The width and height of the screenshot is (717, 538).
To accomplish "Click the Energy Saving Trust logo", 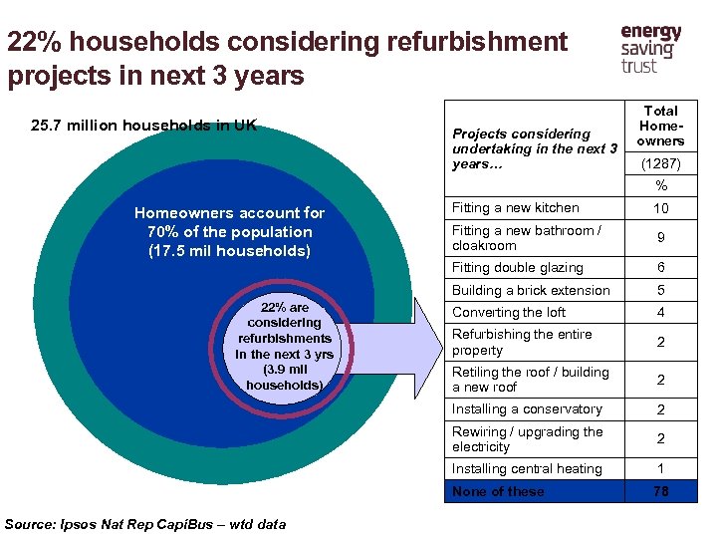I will point(650,49).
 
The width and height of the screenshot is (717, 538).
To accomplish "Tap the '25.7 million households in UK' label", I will point(143,125).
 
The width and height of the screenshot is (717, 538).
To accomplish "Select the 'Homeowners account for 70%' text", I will point(229,231).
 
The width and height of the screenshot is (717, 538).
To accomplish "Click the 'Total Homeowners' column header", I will point(660,126).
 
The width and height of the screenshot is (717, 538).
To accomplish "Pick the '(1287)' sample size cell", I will point(660,162).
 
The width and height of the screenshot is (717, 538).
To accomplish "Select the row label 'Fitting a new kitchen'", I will point(515,208).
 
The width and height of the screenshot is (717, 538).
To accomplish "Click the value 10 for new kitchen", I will point(660,208).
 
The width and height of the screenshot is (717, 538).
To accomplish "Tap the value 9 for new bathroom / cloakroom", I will point(660,238).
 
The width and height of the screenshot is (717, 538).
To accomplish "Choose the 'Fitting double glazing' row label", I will point(518,267).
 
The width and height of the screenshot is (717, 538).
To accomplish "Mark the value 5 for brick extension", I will point(660,290).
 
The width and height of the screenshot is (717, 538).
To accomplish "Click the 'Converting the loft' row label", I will point(509,312).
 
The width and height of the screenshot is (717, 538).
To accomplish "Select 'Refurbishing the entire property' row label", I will point(522,342).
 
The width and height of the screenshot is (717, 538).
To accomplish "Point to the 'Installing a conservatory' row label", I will point(527,409).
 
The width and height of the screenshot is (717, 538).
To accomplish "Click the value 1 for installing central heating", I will point(660,469).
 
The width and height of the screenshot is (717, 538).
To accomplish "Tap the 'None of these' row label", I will point(498,491).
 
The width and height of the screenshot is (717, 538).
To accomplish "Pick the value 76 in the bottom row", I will point(660,491).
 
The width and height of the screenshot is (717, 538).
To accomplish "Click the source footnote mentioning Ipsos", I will point(145,524).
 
